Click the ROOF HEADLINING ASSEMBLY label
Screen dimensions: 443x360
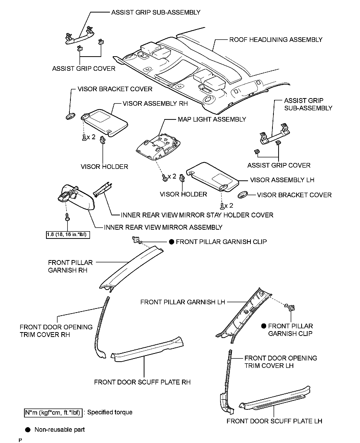click(276, 40)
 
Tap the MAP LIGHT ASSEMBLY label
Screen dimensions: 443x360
click(212, 119)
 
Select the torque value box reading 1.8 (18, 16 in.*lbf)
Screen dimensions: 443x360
click(68, 235)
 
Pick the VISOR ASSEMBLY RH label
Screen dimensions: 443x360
click(155, 103)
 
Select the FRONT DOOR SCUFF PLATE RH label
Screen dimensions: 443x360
click(142, 382)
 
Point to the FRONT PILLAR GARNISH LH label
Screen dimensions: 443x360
click(183, 302)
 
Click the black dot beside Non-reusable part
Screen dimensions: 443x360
click(28, 430)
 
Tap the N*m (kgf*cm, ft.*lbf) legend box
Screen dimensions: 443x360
click(53, 412)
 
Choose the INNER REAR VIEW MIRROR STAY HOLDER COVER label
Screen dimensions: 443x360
click(197, 215)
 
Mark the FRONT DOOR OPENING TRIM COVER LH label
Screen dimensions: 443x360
click(280, 362)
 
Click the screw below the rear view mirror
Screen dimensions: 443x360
click(67, 217)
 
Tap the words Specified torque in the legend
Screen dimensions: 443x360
click(110, 412)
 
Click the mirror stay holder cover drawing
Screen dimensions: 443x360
click(103, 190)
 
